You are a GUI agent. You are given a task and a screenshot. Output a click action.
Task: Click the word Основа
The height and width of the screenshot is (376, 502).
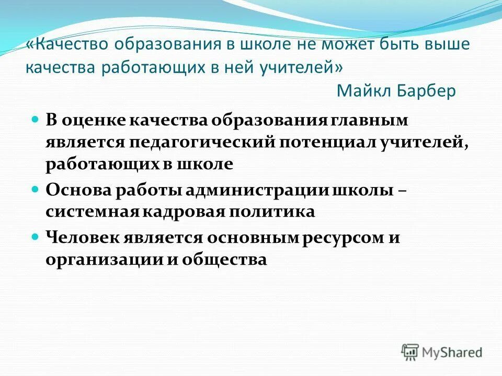pos(76,191)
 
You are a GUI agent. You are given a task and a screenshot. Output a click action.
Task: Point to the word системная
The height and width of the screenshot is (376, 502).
pos(89,212)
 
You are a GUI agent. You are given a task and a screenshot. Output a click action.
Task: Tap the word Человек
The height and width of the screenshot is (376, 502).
pos(82,238)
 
